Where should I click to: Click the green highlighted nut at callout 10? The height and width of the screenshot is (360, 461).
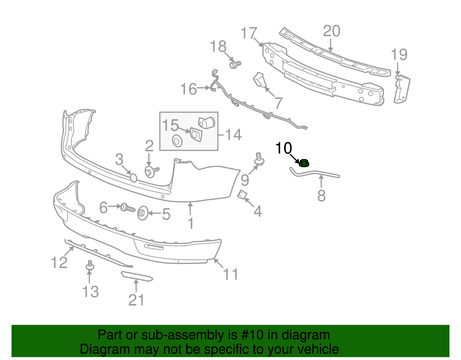click(x=304, y=163)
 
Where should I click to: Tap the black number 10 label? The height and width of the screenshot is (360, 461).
click(x=284, y=148)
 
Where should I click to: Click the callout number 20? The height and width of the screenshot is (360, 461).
click(x=331, y=31)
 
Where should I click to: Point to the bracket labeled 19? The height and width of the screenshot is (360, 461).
click(x=402, y=89)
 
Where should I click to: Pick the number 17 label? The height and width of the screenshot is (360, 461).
click(x=249, y=33)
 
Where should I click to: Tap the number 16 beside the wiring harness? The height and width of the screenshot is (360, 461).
click(x=189, y=89)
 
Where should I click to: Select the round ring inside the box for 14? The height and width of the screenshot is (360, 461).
click(x=177, y=141)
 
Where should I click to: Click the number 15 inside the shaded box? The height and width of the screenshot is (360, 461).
click(x=170, y=125)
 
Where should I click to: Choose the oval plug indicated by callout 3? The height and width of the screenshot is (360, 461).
click(x=133, y=178)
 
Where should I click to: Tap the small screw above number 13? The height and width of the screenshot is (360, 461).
click(x=90, y=265)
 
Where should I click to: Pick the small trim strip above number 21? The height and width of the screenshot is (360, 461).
click(x=137, y=276)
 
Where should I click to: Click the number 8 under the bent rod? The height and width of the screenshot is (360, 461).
click(x=321, y=196)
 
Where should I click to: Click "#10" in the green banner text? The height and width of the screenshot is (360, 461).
click(x=255, y=335)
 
